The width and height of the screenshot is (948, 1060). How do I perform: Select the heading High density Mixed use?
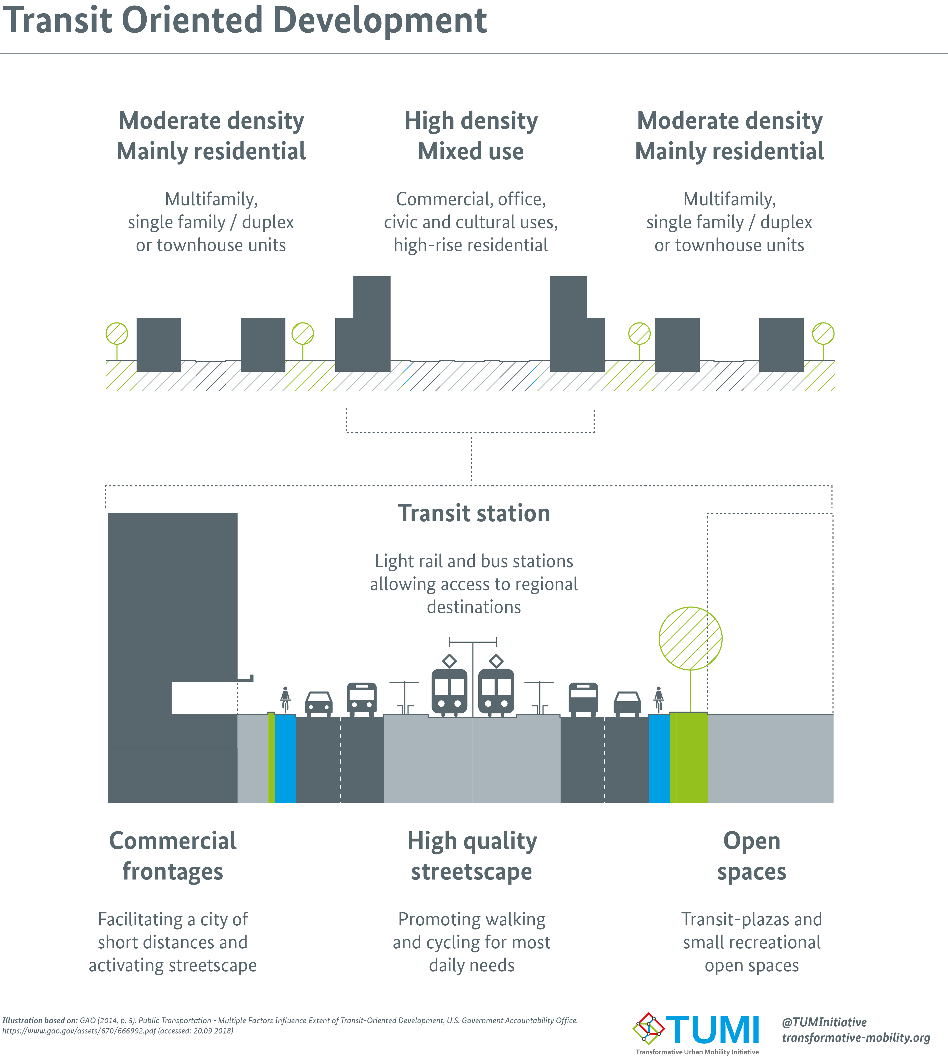[x=471, y=136]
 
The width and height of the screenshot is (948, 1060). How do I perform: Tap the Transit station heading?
[x=473, y=513]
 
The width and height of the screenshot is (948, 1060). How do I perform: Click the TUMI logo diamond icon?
[x=648, y=1029]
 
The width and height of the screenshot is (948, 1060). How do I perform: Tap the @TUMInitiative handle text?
[x=824, y=1023]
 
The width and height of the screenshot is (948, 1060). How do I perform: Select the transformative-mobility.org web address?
[x=856, y=1038]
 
